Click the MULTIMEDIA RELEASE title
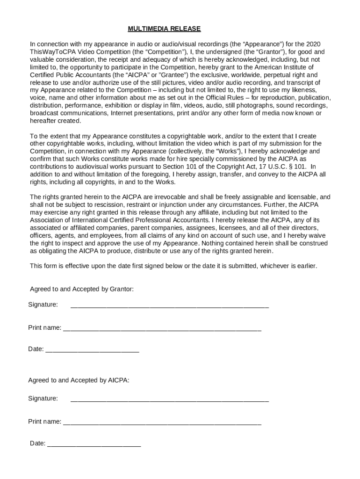point(164,29)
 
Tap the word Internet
point(137,113)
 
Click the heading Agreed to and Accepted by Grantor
point(82,289)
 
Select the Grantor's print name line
point(162,328)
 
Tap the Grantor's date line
point(92,349)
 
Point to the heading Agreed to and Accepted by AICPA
point(79,380)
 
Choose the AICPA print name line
point(162,422)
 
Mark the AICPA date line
point(94,444)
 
